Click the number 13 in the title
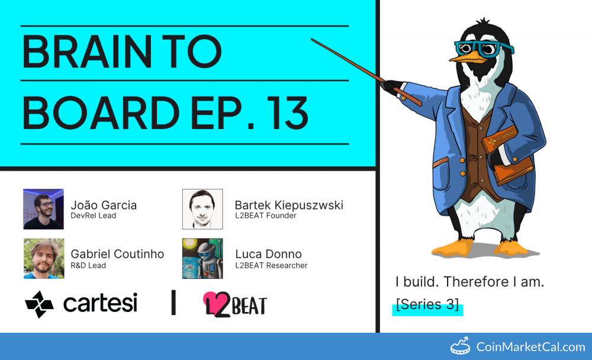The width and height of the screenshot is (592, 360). (288, 112)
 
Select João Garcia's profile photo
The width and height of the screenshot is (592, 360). (43, 209)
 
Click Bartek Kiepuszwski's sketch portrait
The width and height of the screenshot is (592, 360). (202, 209)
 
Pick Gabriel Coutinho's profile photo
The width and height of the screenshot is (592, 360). (44, 258)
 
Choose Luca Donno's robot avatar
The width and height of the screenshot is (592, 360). (202, 258)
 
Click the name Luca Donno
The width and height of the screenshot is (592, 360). (268, 254)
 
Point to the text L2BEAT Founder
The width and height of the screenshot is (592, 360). (266, 216)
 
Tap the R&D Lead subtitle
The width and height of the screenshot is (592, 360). (88, 266)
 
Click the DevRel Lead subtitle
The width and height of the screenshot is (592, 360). (94, 216)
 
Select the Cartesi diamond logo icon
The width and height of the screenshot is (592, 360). (39, 304)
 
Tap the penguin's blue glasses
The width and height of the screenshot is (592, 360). (484, 49)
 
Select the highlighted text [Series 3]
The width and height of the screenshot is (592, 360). (427, 304)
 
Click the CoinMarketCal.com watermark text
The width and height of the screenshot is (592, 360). (530, 347)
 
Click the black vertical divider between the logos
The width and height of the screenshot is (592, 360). (173, 302)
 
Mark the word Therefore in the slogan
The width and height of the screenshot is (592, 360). (476, 282)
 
